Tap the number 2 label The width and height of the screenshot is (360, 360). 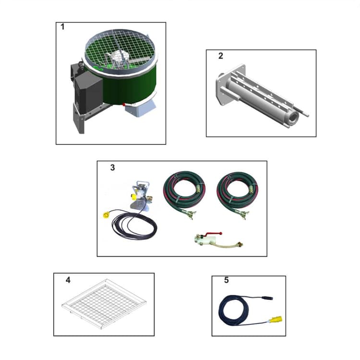(x=220, y=56)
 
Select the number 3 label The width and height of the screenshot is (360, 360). (x=112, y=168)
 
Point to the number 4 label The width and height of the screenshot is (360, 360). (x=68, y=280)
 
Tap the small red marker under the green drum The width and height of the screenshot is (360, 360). (x=123, y=104)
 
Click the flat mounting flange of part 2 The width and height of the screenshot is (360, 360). (x=221, y=89)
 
